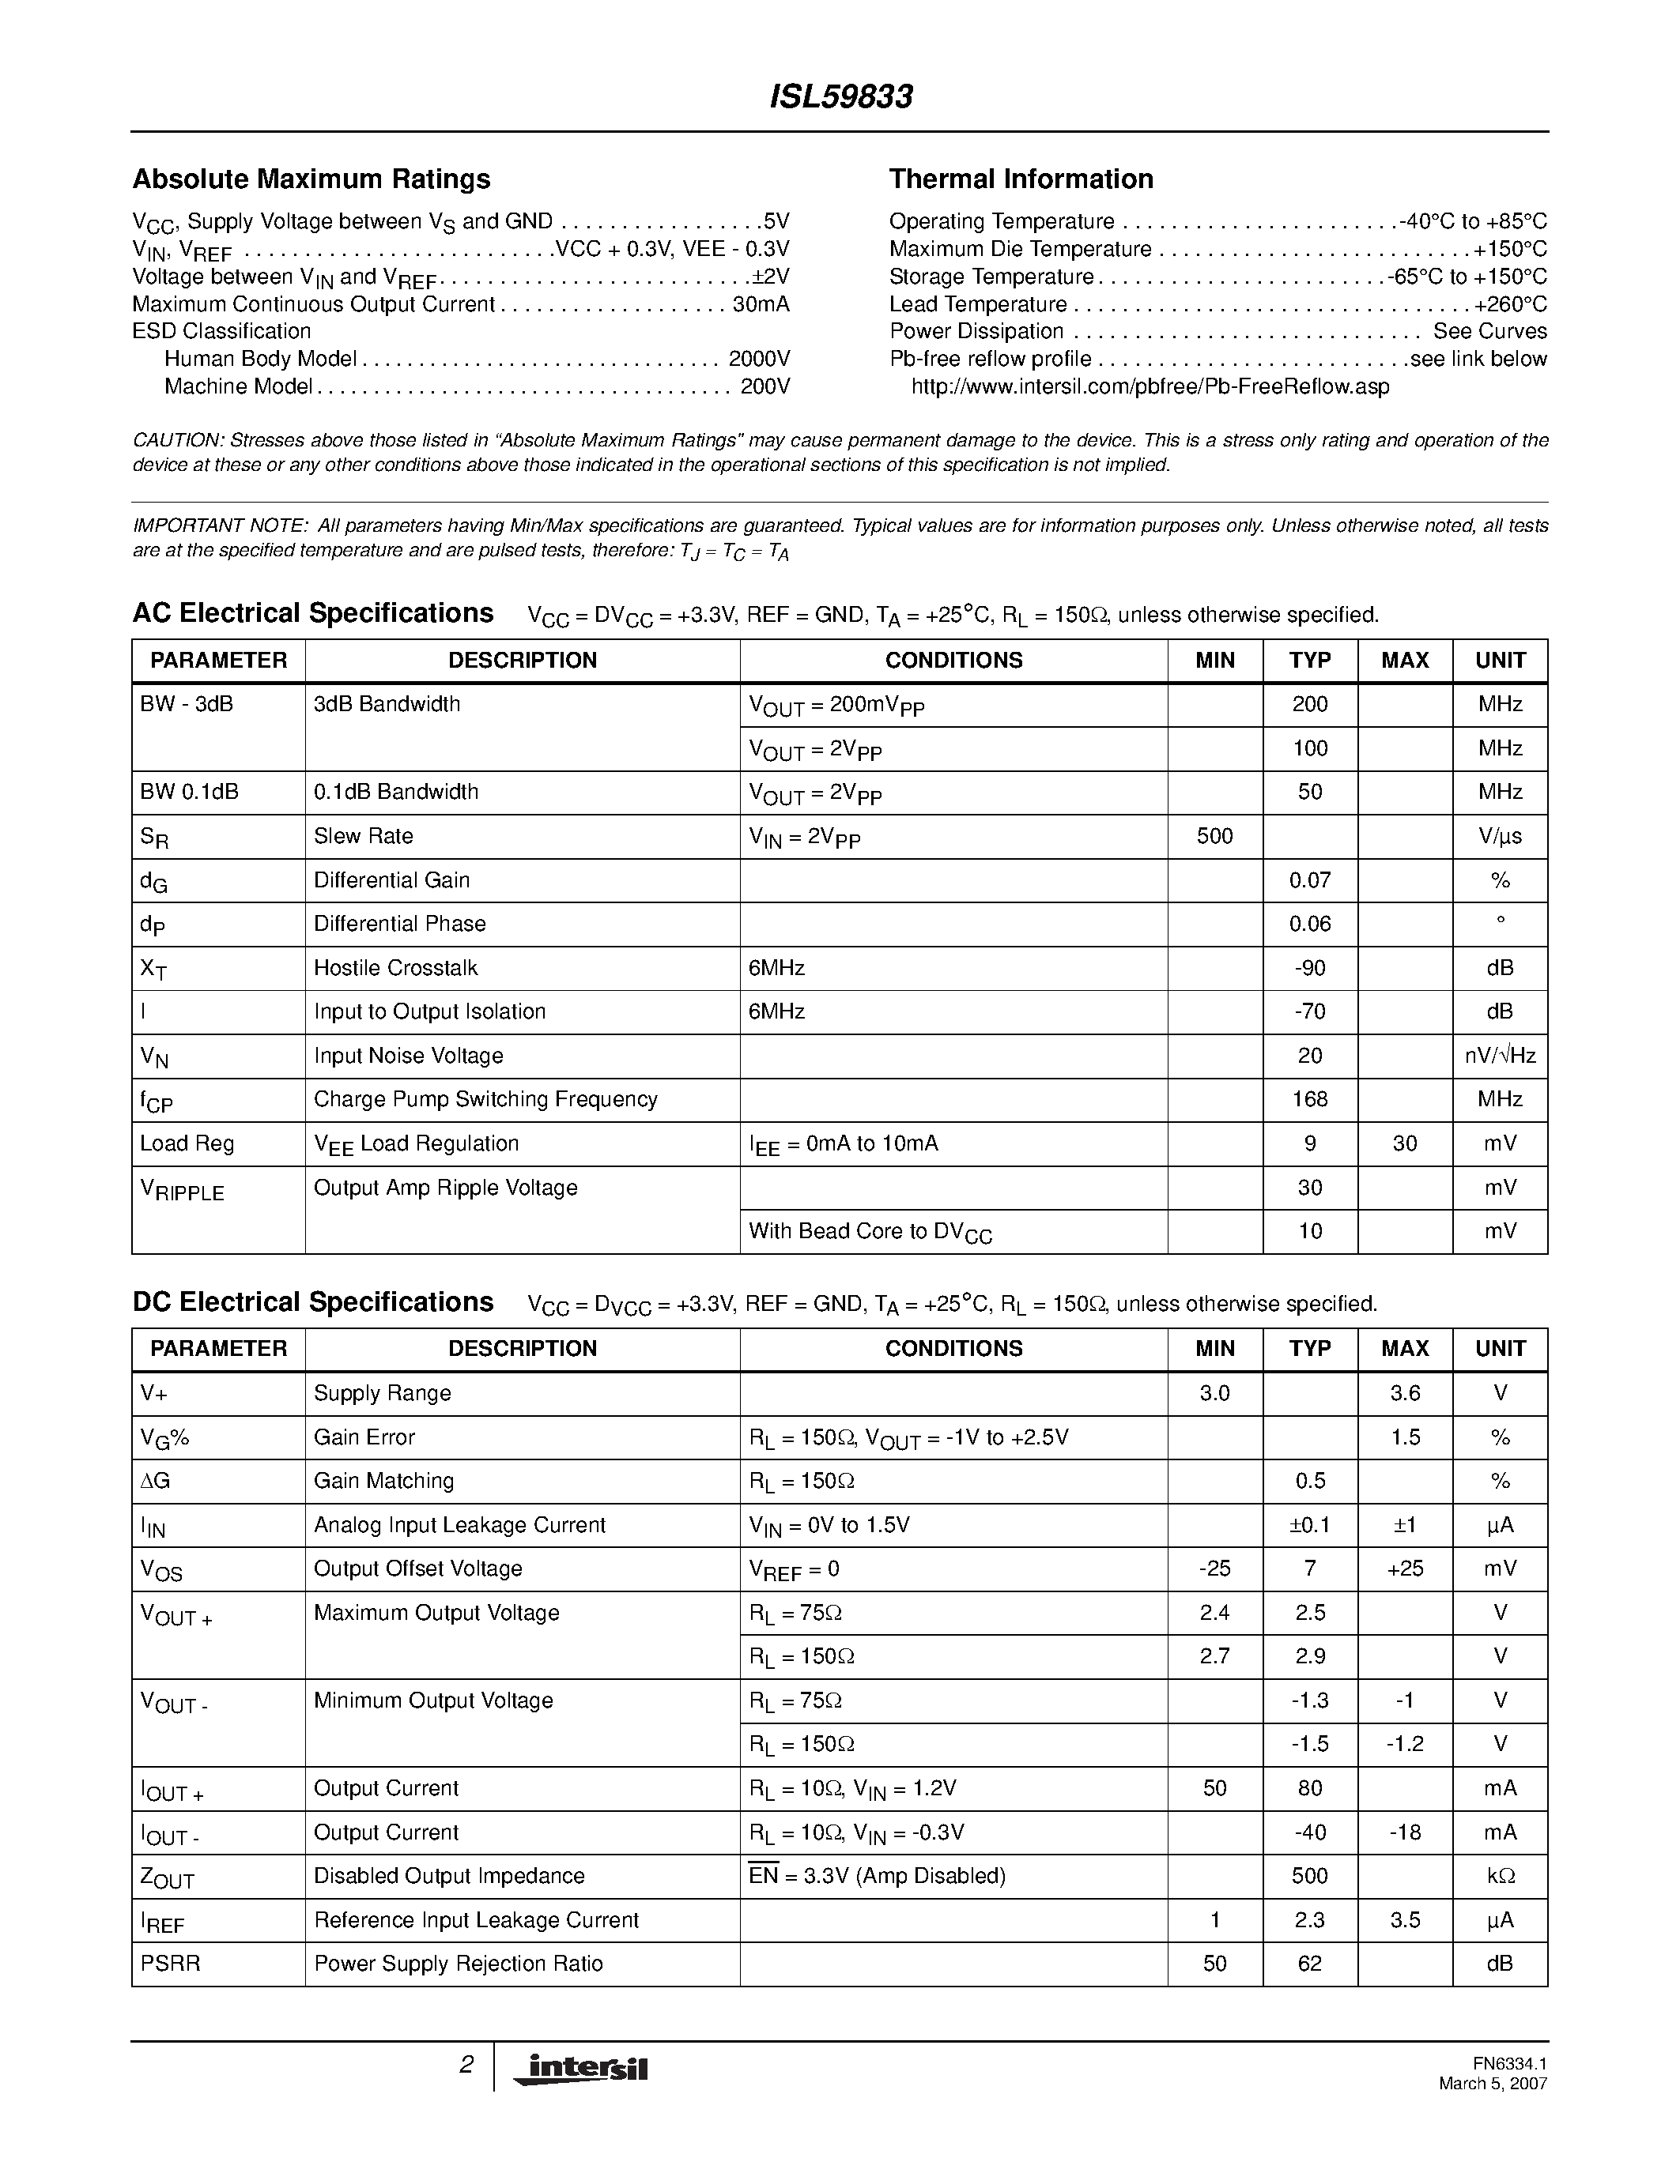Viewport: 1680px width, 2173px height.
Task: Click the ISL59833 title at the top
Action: coord(841,96)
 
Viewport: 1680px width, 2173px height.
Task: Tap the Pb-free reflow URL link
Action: coord(1150,387)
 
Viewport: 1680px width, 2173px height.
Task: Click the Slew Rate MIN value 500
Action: coord(1214,836)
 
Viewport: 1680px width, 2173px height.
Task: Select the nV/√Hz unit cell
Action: coord(1499,1056)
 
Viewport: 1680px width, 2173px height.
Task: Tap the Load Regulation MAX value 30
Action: coord(1403,1143)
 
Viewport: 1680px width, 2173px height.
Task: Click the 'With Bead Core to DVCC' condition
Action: coord(870,1232)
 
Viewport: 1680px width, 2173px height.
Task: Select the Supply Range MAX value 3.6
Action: coord(1403,1393)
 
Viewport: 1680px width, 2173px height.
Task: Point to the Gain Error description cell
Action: coord(364,1437)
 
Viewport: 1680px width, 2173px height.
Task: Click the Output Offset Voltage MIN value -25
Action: coord(1214,1569)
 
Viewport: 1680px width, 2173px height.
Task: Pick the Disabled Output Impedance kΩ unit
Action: coord(1499,1876)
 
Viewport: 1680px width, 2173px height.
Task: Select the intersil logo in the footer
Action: coord(580,2069)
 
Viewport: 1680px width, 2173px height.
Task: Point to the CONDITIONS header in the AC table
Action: coord(953,661)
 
